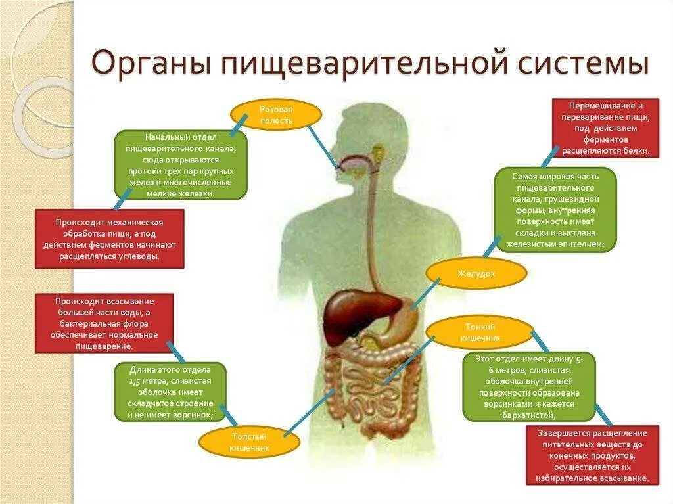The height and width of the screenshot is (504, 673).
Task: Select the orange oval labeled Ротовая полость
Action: pos(276,114)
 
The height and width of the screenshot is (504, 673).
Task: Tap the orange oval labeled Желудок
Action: pos(476,273)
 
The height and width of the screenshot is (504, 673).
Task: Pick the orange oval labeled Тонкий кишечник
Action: pos(478,332)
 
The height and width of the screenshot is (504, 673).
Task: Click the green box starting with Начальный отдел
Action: pos(181,165)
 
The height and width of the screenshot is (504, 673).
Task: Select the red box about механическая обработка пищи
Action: pos(109,239)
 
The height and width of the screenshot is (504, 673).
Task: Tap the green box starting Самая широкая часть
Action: pos(555,210)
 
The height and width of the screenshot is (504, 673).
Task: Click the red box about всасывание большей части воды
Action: pos(104,323)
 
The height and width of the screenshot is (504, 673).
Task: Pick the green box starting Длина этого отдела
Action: pos(170,392)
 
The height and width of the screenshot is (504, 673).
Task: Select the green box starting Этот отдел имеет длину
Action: pos(528,386)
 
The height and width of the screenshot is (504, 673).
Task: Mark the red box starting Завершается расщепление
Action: pos(592,455)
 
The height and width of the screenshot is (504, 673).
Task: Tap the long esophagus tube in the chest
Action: pos(372,223)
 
